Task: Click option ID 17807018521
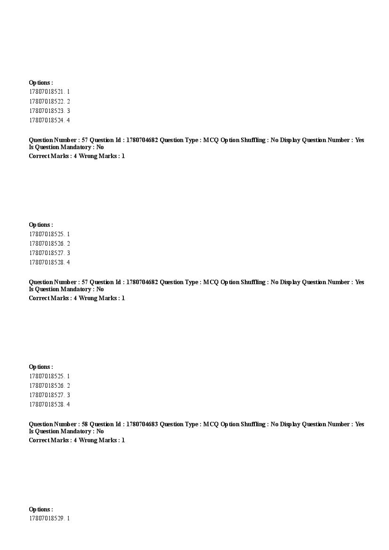point(47,92)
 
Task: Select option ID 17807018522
point(47,101)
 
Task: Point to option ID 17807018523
point(47,111)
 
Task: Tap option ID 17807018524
point(47,120)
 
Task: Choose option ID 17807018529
point(47,518)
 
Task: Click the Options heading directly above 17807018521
point(41,82)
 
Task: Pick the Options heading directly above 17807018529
point(41,509)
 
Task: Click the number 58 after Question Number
point(84,424)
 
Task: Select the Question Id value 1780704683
point(141,424)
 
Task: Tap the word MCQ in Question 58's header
point(211,424)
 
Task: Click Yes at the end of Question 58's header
point(359,424)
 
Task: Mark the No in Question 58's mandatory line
point(100,431)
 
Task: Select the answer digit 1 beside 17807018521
point(68,92)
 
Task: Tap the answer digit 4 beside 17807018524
point(68,120)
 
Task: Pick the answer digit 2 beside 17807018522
point(68,101)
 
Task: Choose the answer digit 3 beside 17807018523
point(68,111)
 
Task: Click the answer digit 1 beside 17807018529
point(68,518)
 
